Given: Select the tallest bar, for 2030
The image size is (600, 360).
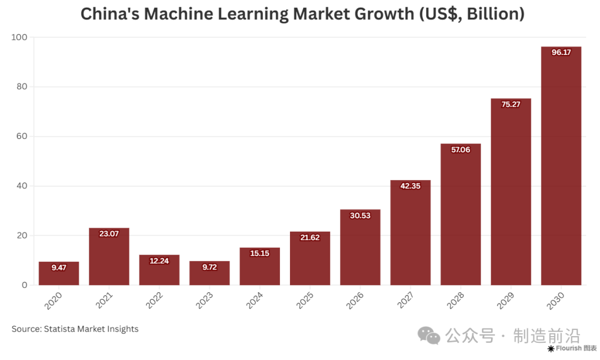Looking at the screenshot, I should coord(561,167).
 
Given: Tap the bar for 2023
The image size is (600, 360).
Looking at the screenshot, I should coord(209,273).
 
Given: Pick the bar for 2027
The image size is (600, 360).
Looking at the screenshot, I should coord(410,233).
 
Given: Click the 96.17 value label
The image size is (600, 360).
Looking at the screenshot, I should coord(561,53).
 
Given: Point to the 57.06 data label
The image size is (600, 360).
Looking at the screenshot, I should coord(460,150).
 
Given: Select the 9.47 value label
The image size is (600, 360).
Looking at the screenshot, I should coord(59,268).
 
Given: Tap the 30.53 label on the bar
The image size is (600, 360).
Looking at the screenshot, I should coord(360,216).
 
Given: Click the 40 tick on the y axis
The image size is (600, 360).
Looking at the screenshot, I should coord(22,186).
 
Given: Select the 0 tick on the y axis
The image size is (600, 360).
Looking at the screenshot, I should coord(24,285).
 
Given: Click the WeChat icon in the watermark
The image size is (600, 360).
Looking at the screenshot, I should coord(429,335).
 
